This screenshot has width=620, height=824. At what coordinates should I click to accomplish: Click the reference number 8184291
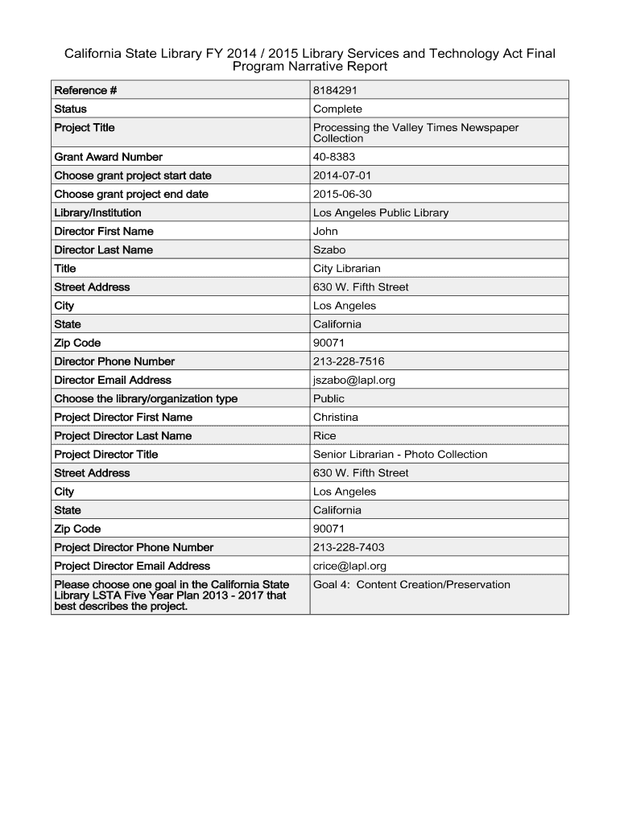coord(336,90)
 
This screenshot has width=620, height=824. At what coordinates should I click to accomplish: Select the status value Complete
coord(337,109)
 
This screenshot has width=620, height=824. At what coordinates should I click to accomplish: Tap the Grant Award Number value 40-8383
coord(334,157)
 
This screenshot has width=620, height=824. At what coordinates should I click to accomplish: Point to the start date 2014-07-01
coord(342,175)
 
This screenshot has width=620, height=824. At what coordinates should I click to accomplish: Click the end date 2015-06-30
coord(342,194)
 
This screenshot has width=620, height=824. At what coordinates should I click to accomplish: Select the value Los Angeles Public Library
coord(380,212)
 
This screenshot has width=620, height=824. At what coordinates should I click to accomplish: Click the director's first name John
coord(325,231)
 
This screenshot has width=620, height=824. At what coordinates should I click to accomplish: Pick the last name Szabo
coord(329,249)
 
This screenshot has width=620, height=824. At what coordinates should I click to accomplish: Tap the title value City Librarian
coord(346,268)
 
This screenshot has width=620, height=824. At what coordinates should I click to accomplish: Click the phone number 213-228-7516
coord(348,361)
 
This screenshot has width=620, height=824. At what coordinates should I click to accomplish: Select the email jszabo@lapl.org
coord(353,380)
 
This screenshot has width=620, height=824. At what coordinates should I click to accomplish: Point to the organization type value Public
coord(329,398)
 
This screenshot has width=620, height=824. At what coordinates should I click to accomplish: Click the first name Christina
coord(336,417)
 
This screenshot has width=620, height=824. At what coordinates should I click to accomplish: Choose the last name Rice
coord(324,435)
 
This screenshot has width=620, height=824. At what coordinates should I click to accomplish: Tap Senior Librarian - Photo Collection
coord(400,454)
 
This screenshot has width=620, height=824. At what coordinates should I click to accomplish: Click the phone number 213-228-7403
coord(348,547)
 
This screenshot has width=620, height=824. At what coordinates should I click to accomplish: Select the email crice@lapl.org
coord(349,566)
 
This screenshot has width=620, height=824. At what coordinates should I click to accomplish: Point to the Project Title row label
coord(85,127)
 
